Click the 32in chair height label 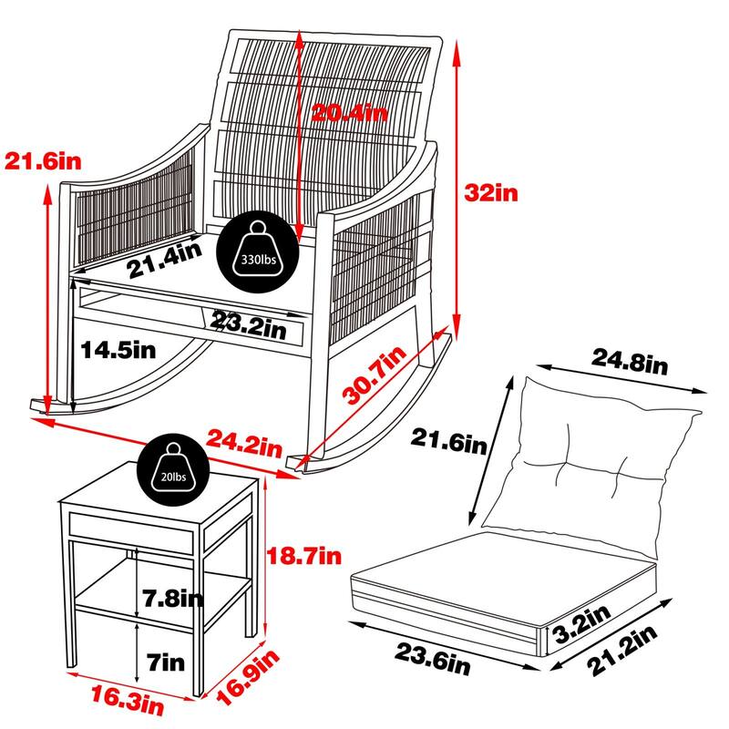491,192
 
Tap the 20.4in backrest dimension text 349,112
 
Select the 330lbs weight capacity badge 259,252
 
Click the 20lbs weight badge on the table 173,470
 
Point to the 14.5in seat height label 118,350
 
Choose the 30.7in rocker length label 375,375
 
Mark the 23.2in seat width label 248,325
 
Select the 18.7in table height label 304,556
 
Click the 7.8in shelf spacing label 173,599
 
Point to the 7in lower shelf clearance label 166,662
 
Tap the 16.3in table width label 127,701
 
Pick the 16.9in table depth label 248,677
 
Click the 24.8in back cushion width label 629,361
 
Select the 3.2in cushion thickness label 581,624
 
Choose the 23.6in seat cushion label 432,659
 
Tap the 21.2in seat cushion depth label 621,650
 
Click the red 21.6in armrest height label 43,161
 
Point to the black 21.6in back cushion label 448,441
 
